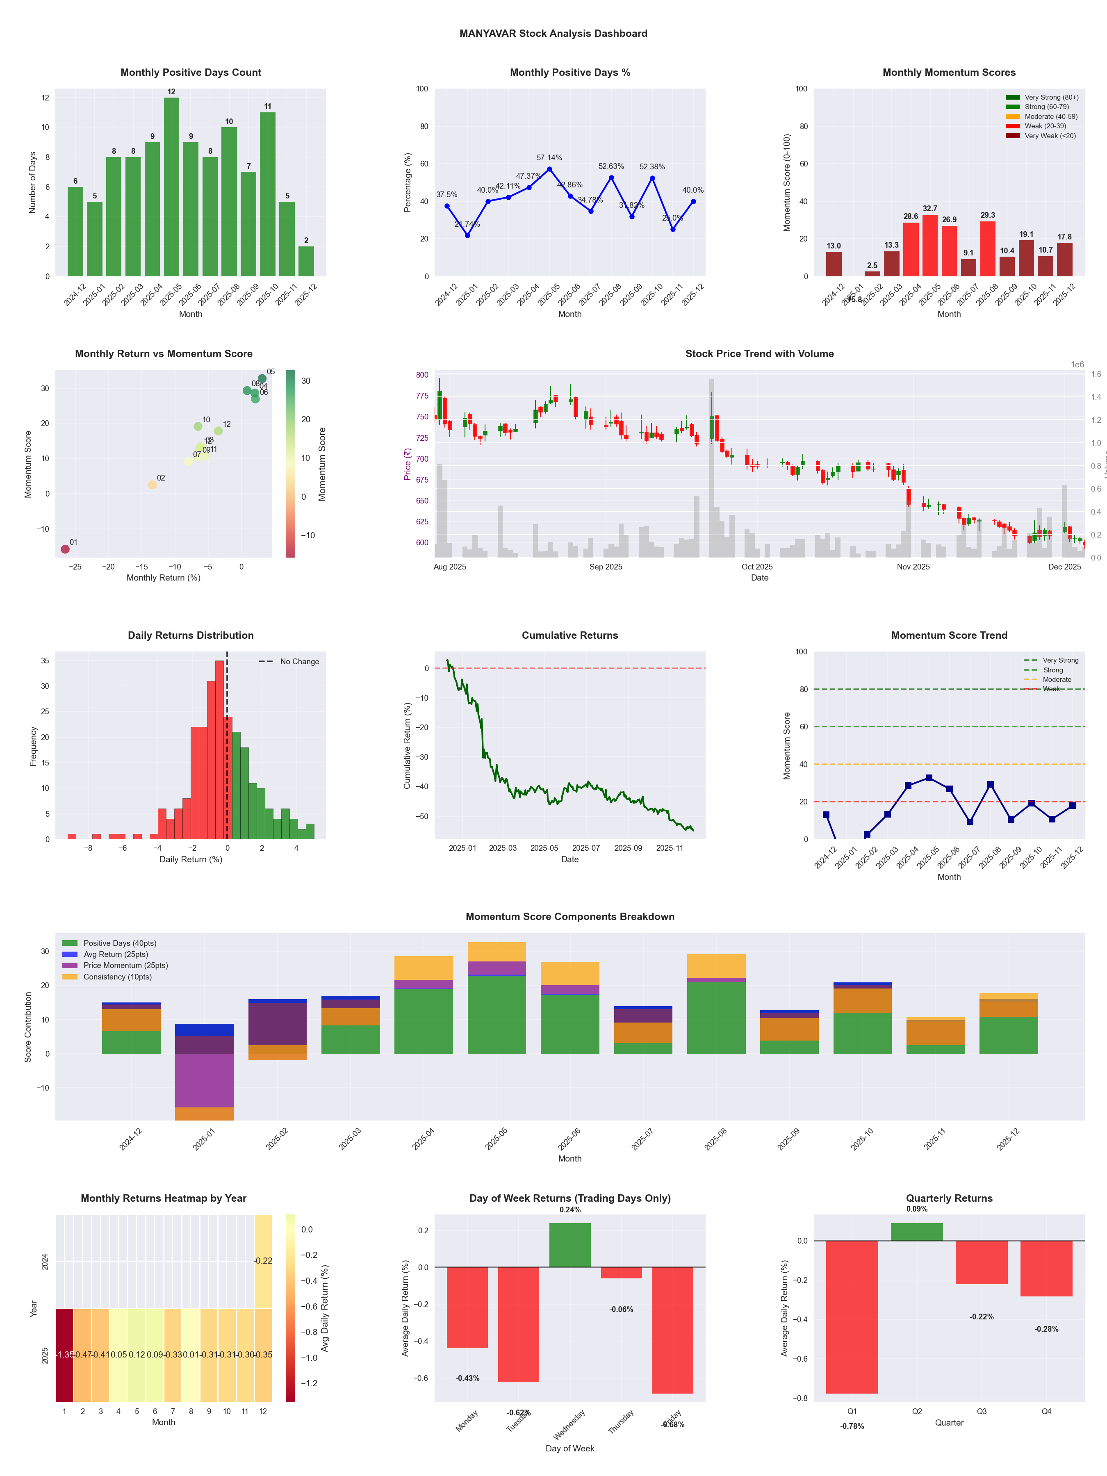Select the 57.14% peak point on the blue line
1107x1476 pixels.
(549, 169)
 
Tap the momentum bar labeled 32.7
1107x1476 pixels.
(929, 246)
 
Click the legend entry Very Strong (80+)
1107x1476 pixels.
(1051, 98)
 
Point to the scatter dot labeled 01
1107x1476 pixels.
(65, 549)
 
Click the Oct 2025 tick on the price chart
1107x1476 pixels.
(757, 567)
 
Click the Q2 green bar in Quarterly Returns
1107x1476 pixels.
(916, 1232)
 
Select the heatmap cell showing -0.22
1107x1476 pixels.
(263, 1260)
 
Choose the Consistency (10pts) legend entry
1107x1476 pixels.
(117, 977)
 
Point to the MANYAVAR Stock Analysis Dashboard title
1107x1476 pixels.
(553, 33)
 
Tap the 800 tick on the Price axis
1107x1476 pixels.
(422, 375)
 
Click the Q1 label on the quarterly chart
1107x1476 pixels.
(852, 1411)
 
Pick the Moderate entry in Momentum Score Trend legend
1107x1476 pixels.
(1056, 679)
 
